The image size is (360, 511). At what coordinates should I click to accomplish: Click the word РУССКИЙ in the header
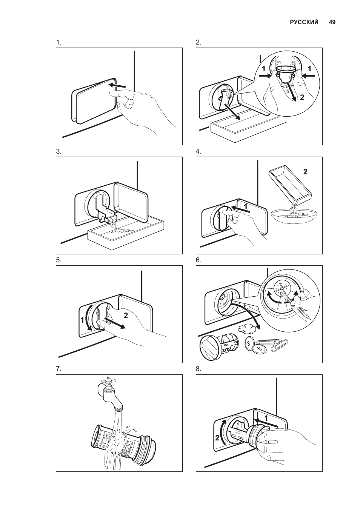tap(304, 22)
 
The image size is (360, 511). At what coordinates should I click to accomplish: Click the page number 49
tap(332, 22)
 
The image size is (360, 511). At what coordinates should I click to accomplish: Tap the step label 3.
tap(58, 151)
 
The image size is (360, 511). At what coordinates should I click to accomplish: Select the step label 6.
tap(198, 260)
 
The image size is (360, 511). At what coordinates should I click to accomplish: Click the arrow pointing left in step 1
tap(117, 86)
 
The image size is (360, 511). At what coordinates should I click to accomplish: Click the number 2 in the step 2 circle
tap(302, 97)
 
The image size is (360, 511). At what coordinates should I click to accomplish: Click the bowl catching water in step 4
tap(294, 216)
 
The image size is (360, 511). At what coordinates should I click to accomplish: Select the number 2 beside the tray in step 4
tap(305, 172)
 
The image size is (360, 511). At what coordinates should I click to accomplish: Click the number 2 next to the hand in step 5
tap(126, 316)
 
